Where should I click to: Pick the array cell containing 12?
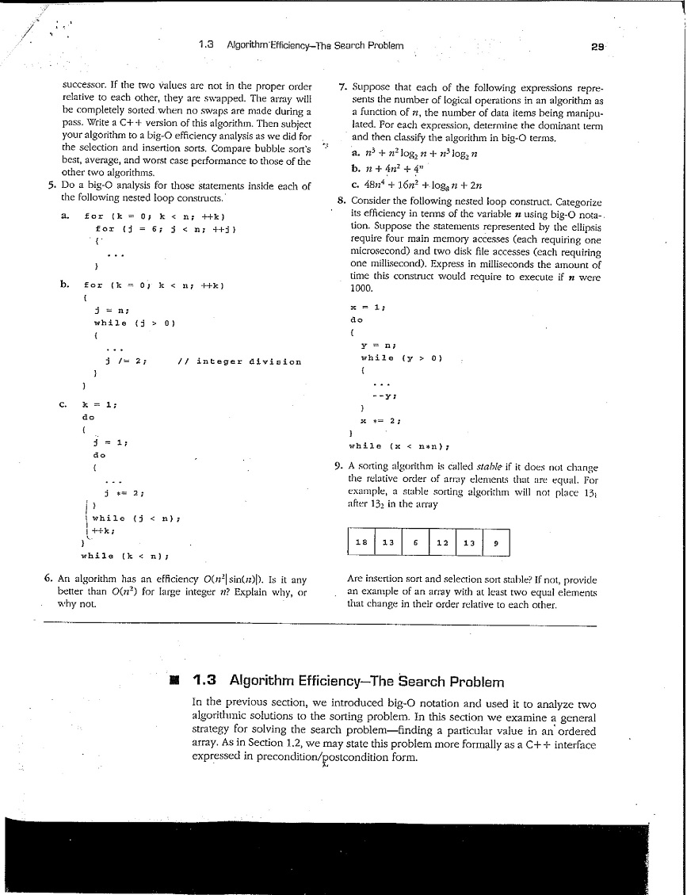(x=441, y=543)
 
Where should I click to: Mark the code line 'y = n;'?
(x=372, y=345)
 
